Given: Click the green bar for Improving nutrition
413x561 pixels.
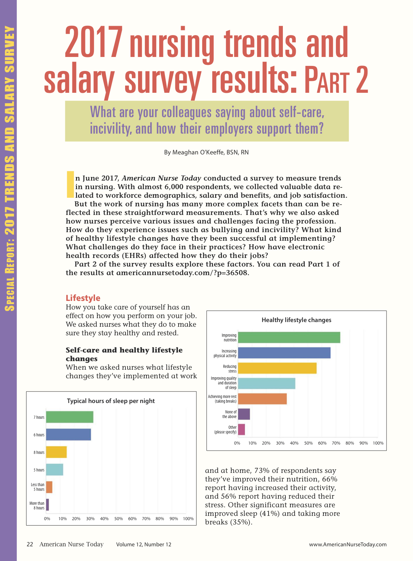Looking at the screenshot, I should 289,337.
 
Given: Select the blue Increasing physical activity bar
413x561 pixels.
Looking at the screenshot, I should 284,353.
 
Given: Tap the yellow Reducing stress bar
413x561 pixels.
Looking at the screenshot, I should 277,368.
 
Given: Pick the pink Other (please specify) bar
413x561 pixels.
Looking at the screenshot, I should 241,430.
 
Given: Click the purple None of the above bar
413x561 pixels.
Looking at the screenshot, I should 244,414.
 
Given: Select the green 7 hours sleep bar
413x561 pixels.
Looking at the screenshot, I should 70,417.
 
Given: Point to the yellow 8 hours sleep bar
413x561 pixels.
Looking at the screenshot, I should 56,452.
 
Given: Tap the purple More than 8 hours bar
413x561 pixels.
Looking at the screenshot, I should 47,505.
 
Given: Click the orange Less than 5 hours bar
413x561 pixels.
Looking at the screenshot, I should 49,487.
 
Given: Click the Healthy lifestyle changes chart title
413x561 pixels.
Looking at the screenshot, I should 296,320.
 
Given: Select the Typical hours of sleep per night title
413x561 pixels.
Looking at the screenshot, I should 111,401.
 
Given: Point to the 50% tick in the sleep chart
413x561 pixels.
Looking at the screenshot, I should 118,519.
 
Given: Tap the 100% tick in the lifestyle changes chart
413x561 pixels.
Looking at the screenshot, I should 378,443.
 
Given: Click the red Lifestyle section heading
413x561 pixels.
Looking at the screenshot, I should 83,298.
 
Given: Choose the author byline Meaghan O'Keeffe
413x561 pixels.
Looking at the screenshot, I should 206,152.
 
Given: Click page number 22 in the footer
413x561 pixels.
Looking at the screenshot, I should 30,545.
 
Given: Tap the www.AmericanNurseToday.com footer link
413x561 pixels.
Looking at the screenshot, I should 348,545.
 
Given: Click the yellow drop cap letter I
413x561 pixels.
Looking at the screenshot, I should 70,184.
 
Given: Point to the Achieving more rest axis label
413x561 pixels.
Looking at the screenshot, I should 222,399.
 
